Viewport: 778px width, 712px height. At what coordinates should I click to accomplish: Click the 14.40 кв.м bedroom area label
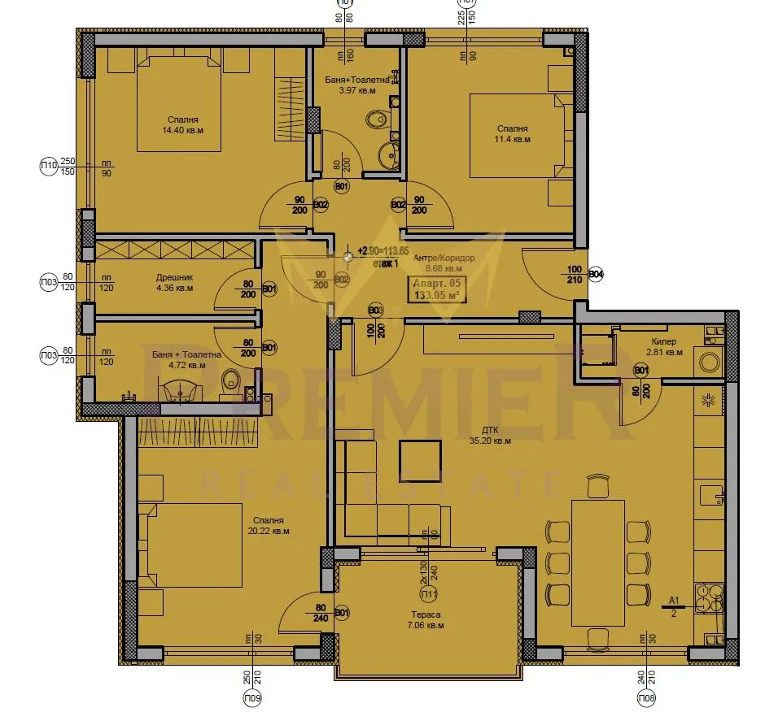[x=182, y=129]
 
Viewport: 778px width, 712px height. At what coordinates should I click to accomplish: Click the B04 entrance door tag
[x=596, y=274]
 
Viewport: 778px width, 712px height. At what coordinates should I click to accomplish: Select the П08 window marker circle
[x=648, y=697]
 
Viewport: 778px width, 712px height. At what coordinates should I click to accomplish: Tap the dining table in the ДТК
[x=598, y=562]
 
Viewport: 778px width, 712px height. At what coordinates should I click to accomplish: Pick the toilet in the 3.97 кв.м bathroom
[x=377, y=120]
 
